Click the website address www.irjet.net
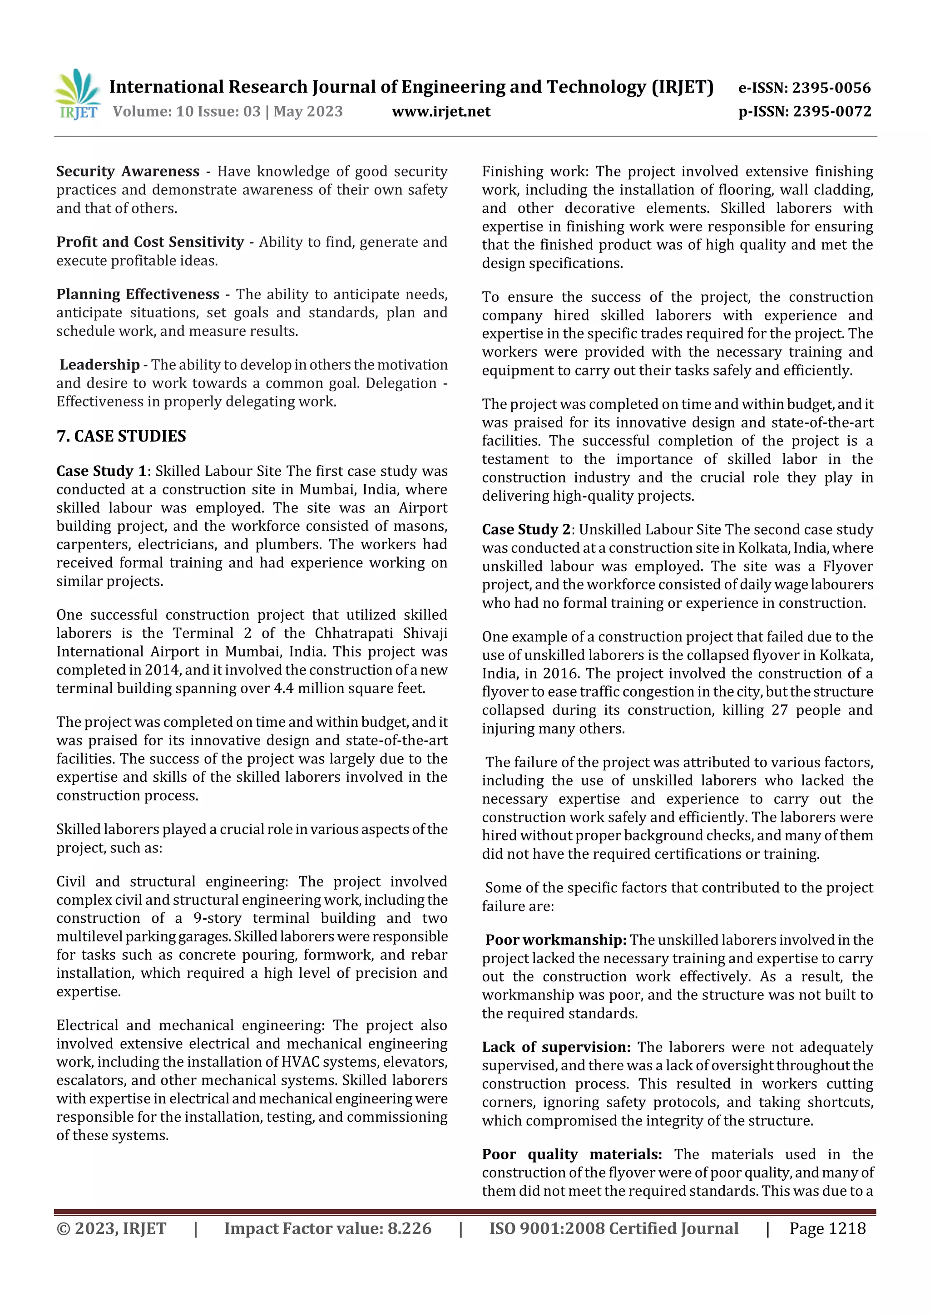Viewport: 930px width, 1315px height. (440, 111)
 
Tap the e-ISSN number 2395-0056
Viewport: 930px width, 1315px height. (831, 88)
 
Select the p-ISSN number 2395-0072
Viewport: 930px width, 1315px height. (832, 111)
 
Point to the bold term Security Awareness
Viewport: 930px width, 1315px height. (127, 171)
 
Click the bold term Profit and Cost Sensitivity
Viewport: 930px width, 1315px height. (149, 241)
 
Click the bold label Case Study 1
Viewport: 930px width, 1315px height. (101, 471)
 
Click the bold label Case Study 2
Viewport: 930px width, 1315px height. (526, 529)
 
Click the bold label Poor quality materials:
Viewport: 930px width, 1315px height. (571, 1154)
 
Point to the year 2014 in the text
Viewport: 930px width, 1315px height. (162, 670)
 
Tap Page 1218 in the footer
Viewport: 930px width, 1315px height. (827, 1228)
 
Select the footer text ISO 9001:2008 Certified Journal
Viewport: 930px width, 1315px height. (613, 1228)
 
